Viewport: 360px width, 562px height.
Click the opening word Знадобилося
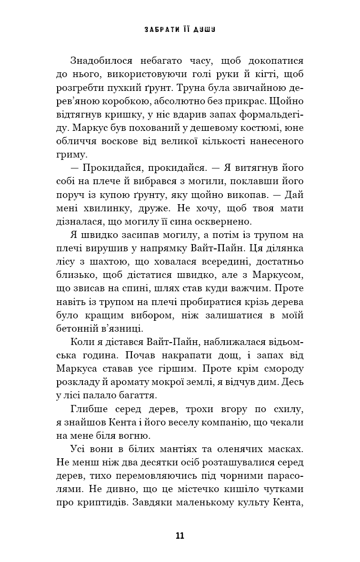pos(101,61)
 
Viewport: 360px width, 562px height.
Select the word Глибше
pos(88,408)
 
